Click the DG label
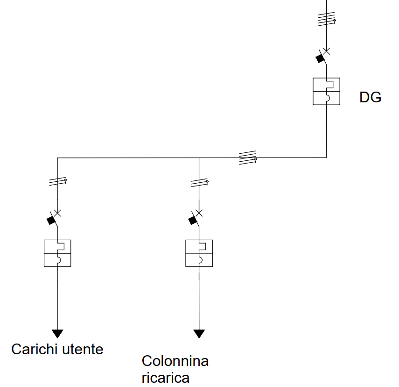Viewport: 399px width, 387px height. (370, 97)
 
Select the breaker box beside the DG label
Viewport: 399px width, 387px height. (326, 91)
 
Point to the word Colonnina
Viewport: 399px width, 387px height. (175, 361)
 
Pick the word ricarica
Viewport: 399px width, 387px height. (166, 378)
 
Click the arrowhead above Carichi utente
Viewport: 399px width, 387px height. (57, 333)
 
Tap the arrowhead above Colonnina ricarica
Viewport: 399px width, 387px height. (199, 333)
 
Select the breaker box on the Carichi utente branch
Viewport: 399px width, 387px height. (57, 253)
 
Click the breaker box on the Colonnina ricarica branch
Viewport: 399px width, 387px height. (199, 253)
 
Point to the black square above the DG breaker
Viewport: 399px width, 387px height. (320, 58)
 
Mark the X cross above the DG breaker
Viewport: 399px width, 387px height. (326, 50)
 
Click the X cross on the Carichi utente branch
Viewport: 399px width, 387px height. (58, 213)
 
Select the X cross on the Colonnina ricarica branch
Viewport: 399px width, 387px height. (199, 213)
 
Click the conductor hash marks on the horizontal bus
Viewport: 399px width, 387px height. (247, 158)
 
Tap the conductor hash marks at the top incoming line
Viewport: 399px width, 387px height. (326, 19)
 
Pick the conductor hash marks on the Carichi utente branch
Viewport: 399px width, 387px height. (57, 182)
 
